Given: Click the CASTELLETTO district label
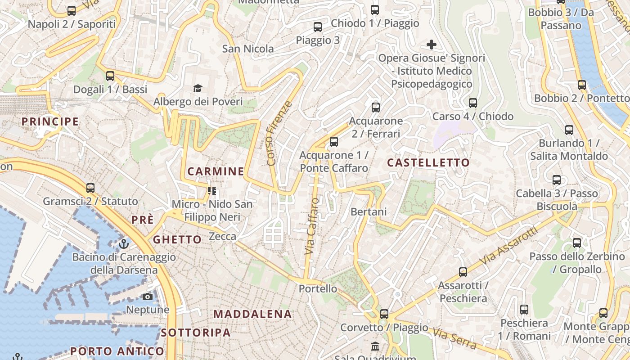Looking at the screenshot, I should [x=428, y=162].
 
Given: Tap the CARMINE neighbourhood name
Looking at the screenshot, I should [x=216, y=171].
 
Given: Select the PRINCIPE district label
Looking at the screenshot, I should [x=50, y=121].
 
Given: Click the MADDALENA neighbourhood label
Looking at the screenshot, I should [x=252, y=314].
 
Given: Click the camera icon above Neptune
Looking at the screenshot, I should [x=147, y=297].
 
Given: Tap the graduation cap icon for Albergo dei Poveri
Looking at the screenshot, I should [x=198, y=88].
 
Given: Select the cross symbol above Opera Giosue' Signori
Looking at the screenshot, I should [x=431, y=45].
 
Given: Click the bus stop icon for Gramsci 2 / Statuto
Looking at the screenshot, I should [x=90, y=188].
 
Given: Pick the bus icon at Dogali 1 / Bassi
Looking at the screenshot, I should [x=110, y=76].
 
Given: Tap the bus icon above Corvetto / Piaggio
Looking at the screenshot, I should [x=384, y=314].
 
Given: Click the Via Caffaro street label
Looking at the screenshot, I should [x=312, y=226].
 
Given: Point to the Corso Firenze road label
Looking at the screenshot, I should [x=279, y=133].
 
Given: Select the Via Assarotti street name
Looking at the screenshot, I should [x=508, y=246].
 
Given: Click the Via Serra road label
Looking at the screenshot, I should [x=454, y=338].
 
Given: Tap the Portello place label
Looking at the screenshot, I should [x=318, y=288].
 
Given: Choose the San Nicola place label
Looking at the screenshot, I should [x=248, y=49].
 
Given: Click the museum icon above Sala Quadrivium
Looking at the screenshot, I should [x=375, y=346].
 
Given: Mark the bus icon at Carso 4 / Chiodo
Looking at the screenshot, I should [x=472, y=103].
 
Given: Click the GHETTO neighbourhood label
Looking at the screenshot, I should [x=177, y=239].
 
